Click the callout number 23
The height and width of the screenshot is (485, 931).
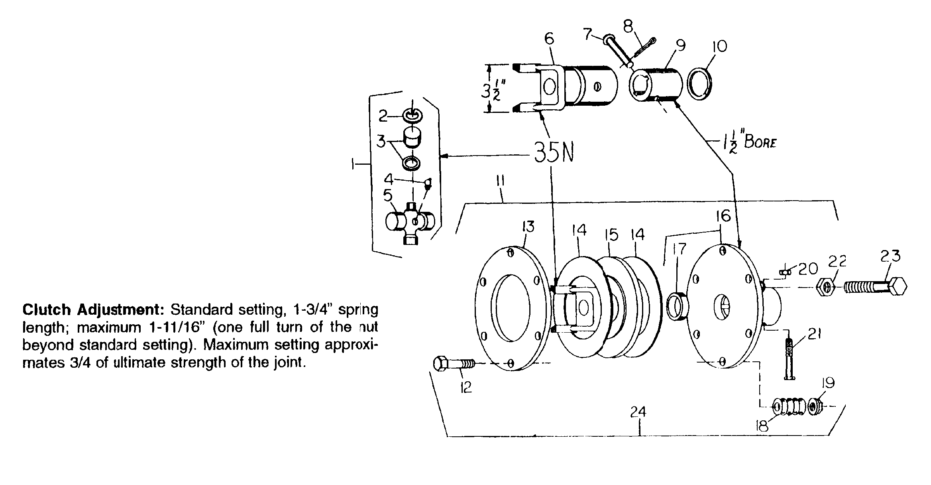[891, 256]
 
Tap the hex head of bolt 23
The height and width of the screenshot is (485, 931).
[897, 286]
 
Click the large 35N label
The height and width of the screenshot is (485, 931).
[554, 153]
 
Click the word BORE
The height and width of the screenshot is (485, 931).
[760, 143]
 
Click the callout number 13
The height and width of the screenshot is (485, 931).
[528, 227]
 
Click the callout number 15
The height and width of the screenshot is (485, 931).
[611, 235]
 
